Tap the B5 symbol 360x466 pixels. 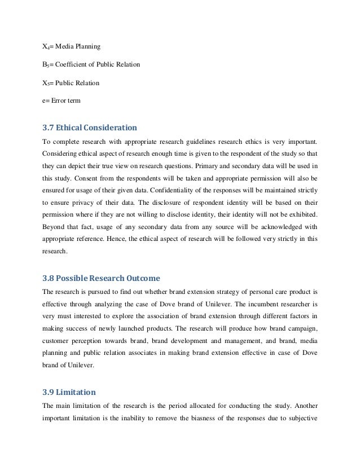click(x=46, y=65)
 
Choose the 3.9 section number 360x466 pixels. click(x=49, y=392)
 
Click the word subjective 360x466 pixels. click(x=302, y=419)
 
